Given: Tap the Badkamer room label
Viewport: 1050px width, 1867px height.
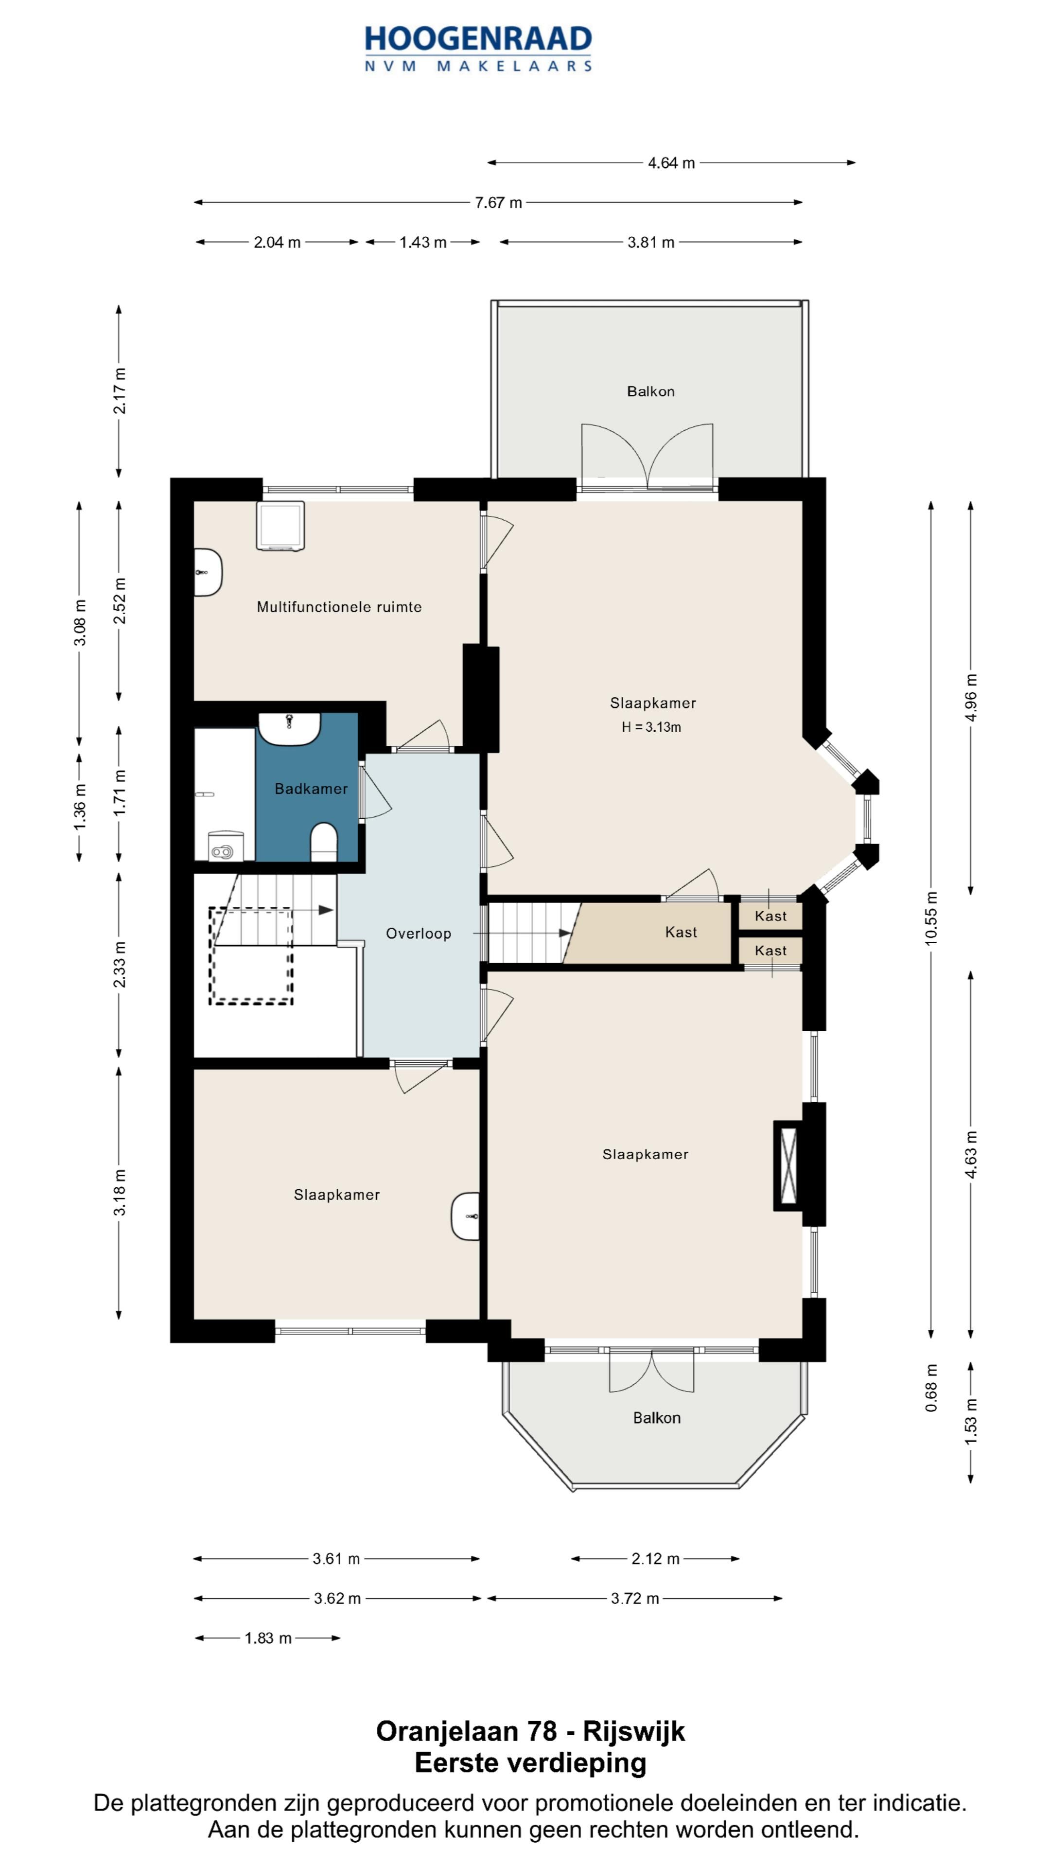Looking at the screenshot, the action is click(x=311, y=789).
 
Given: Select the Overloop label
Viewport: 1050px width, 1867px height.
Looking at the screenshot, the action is click(x=418, y=933).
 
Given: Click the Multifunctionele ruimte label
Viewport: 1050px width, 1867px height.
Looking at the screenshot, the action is click(x=339, y=607).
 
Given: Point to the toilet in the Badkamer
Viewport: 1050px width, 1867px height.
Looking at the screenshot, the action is click(x=323, y=842).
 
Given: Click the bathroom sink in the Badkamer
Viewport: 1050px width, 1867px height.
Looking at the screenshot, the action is click(x=289, y=728).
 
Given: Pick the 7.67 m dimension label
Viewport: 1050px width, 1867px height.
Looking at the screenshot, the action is click(x=499, y=203).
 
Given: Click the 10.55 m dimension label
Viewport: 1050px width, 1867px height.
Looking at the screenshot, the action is click(x=931, y=917).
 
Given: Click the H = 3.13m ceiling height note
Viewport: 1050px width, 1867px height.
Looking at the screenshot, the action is click(x=651, y=727).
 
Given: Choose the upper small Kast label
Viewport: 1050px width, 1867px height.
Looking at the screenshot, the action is click(x=770, y=916).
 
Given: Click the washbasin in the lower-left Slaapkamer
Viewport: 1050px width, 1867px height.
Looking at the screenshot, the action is click(x=465, y=1216).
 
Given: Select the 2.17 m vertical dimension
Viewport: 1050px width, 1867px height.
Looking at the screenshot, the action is click(x=120, y=390).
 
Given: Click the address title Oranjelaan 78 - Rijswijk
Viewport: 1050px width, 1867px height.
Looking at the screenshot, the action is click(x=530, y=1731).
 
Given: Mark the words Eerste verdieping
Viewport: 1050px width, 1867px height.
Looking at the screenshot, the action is click(x=530, y=1762).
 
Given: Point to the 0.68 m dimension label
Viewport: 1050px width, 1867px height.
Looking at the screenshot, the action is click(x=931, y=1388).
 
